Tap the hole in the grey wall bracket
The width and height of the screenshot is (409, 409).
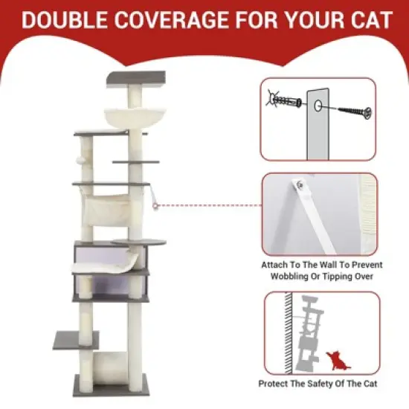click(x=318, y=106)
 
